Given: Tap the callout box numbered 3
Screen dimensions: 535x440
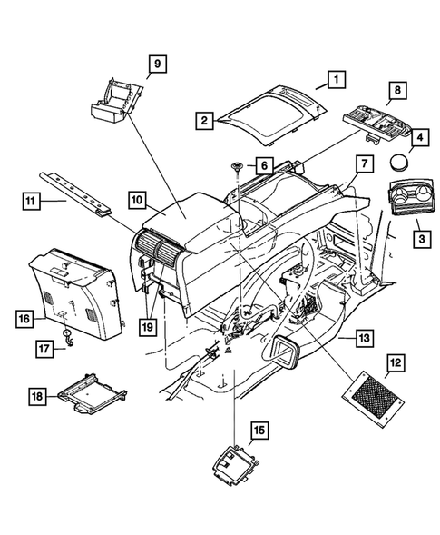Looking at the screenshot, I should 421,239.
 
